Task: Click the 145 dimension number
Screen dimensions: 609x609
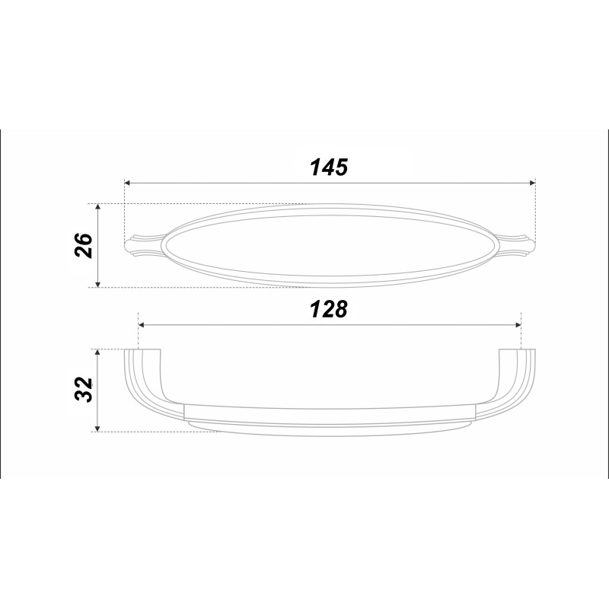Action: click(x=329, y=167)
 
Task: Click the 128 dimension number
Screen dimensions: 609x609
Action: click(x=329, y=310)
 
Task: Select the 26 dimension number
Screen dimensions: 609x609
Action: click(x=84, y=245)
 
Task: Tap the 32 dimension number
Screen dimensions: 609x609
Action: click(x=84, y=390)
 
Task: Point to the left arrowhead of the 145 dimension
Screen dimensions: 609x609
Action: click(x=126, y=183)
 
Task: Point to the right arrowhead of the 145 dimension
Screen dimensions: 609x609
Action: click(x=533, y=183)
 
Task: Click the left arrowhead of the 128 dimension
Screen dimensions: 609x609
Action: click(x=142, y=325)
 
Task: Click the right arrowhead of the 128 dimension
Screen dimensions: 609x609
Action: click(x=518, y=325)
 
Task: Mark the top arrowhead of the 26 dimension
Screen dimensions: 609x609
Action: click(x=98, y=206)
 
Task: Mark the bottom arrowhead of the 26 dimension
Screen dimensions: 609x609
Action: click(x=98, y=284)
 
